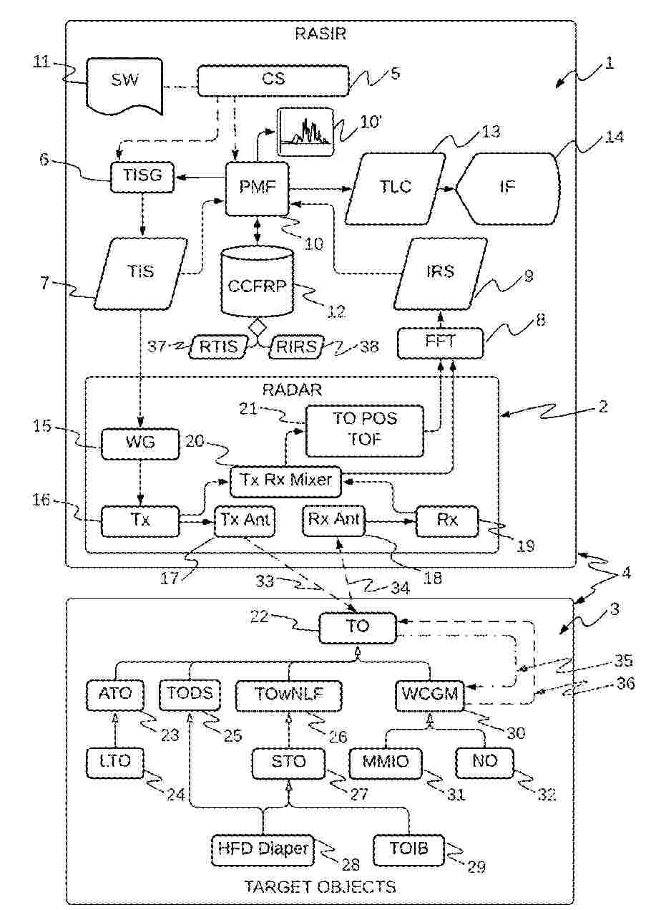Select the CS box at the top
click(273, 79)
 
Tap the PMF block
click(257, 188)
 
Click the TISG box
click(142, 176)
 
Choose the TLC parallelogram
click(396, 188)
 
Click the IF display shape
click(508, 188)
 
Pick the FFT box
click(441, 343)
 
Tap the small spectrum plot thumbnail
click(306, 131)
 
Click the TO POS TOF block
click(364, 430)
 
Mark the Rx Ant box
click(334, 521)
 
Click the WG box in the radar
click(139, 444)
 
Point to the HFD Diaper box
click(263, 850)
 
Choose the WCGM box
click(429, 693)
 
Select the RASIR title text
click(320, 34)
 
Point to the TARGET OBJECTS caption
click(320, 887)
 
